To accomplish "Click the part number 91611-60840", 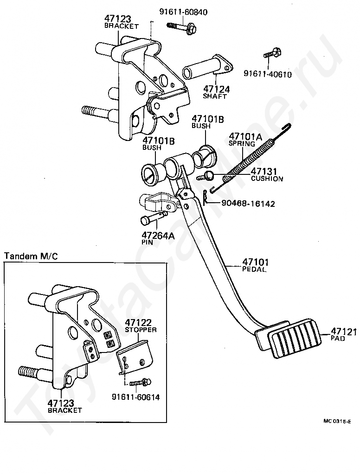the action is (183, 12).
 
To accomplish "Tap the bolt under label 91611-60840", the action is (181, 27).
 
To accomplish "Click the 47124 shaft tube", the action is (207, 68).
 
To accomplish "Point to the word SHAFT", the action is (215, 96).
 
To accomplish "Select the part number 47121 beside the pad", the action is (344, 332).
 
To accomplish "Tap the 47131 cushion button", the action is (208, 175).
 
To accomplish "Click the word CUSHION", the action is (267, 179).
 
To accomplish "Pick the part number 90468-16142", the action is (248, 204).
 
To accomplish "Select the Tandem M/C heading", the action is (31, 256).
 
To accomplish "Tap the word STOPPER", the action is (141, 330).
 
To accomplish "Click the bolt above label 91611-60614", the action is (140, 383).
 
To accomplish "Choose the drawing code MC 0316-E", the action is (337, 422).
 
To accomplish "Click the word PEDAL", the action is (254, 269).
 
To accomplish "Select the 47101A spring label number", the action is (246, 137).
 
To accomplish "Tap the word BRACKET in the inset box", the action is (64, 410).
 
